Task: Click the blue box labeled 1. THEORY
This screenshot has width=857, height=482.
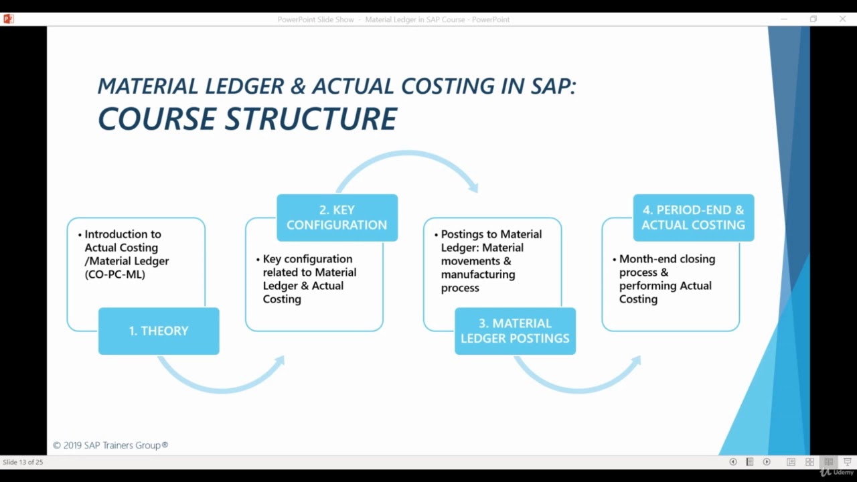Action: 159,331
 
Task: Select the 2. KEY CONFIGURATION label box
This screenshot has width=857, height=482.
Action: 337,218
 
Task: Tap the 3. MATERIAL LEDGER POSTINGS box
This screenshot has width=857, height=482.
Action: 515,331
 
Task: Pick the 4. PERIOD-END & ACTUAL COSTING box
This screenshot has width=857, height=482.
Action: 693,218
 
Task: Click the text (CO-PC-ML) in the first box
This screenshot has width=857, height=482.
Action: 114,274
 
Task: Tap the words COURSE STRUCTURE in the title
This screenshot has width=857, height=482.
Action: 247,119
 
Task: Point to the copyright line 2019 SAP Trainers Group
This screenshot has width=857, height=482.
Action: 110,445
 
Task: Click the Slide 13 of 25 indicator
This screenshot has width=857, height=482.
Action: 23,462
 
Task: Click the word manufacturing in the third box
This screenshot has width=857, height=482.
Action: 478,274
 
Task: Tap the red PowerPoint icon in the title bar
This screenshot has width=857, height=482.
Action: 9,19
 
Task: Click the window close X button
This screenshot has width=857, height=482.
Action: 842,19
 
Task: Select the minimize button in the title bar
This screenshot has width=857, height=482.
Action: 784,19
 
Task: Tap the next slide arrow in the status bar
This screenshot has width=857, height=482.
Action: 767,462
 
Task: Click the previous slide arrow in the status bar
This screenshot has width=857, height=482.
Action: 732,462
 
